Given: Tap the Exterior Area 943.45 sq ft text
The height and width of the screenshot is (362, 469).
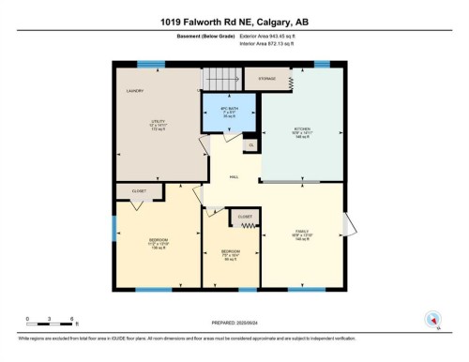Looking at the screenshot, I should tap(273, 38).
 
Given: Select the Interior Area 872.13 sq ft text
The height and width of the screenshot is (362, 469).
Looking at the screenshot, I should tap(272, 44).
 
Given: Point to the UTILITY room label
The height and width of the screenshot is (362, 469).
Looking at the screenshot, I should tap(157, 123).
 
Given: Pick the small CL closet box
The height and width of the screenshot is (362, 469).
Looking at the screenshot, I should tap(250, 145).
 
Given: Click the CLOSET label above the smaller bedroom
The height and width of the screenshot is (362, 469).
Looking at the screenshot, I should tap(245, 217).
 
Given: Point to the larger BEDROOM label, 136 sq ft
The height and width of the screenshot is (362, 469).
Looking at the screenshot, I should tap(157, 242).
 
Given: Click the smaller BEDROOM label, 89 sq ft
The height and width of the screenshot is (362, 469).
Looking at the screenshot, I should tap(230, 253).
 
